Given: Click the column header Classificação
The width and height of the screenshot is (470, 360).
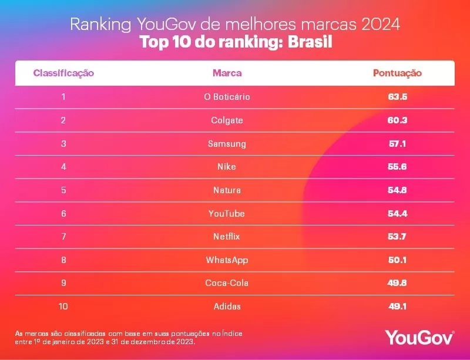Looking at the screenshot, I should click(x=63, y=73).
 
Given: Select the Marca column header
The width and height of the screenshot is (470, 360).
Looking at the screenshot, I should click(x=227, y=73).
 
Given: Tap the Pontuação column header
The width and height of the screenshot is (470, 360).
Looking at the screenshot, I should click(x=397, y=73).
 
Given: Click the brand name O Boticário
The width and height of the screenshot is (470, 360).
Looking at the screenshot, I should click(x=227, y=97).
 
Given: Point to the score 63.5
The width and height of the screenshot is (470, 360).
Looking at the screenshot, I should click(x=397, y=97).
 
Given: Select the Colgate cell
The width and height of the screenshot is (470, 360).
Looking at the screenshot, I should click(x=227, y=120).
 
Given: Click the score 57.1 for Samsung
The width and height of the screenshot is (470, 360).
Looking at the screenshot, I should click(x=397, y=144).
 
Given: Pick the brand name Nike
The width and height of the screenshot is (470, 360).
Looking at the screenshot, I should click(x=227, y=167).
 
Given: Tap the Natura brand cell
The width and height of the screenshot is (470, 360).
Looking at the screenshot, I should click(x=227, y=190).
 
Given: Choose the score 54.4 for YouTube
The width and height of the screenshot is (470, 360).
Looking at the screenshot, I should click(x=397, y=213).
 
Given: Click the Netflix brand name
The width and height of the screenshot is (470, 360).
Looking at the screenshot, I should click(x=227, y=237).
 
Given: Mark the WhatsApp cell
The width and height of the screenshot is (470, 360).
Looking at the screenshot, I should click(x=227, y=260).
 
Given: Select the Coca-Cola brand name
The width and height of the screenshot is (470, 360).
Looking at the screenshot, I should click(x=227, y=283).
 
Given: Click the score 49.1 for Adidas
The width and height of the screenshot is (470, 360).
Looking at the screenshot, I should click(x=397, y=306).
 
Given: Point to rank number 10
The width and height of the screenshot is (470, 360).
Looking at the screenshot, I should click(x=63, y=306).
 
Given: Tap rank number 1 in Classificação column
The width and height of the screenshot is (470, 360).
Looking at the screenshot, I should click(x=63, y=97).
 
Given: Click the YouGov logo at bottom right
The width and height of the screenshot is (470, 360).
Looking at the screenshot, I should click(x=419, y=337).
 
